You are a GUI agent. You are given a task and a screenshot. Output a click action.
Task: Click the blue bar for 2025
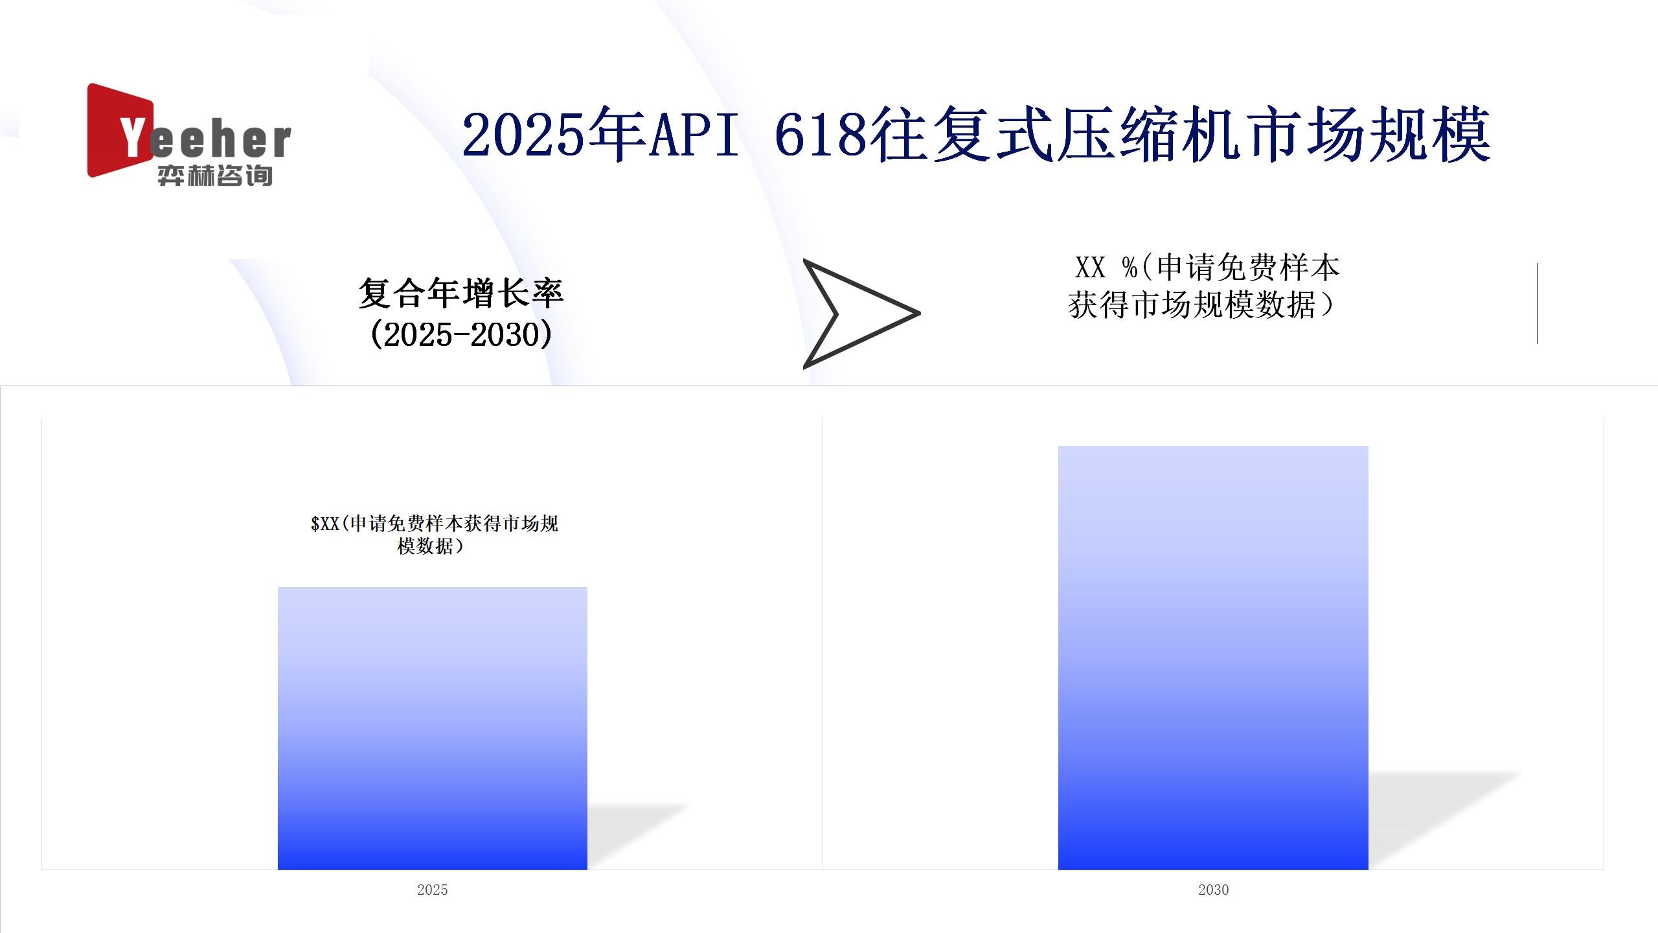tap(433, 728)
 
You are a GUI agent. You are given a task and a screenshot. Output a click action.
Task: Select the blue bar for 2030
tap(1213, 658)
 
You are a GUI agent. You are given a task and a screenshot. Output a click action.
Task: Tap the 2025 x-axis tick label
tap(433, 890)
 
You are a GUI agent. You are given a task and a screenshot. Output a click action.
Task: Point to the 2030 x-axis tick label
tap(1213, 890)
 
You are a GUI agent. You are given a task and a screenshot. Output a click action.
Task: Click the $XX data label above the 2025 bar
tap(434, 535)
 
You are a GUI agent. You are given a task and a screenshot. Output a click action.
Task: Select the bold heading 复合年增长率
tap(461, 294)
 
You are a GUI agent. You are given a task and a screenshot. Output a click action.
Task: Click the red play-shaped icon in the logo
tap(117, 130)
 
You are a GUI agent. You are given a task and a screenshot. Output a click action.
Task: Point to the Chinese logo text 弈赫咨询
tap(215, 176)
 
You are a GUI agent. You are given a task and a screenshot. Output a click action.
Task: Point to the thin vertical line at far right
tap(1538, 303)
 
